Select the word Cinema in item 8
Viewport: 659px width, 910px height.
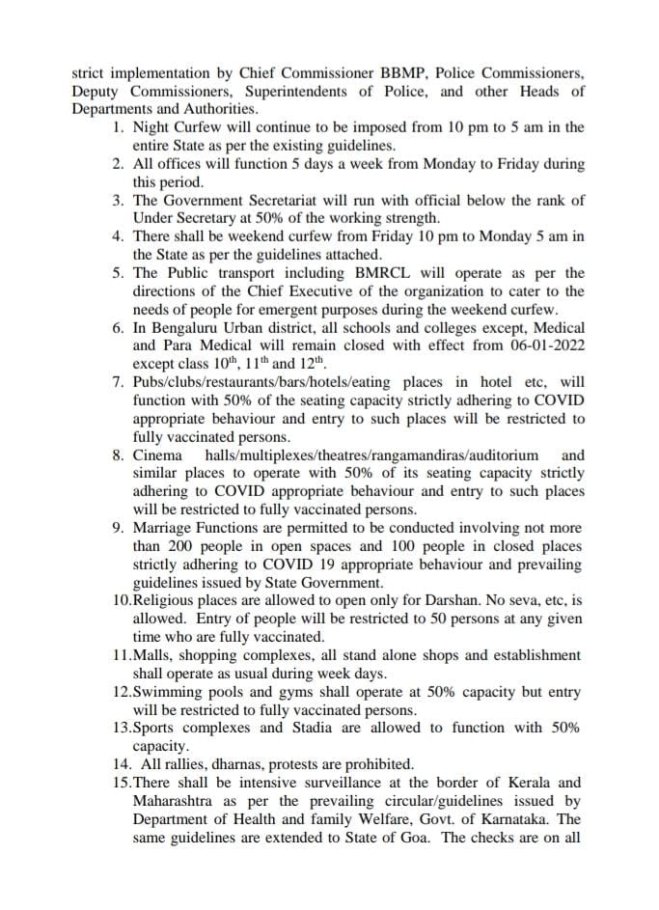(156, 455)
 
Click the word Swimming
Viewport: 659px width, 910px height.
(166, 692)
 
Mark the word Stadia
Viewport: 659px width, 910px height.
(312, 728)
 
